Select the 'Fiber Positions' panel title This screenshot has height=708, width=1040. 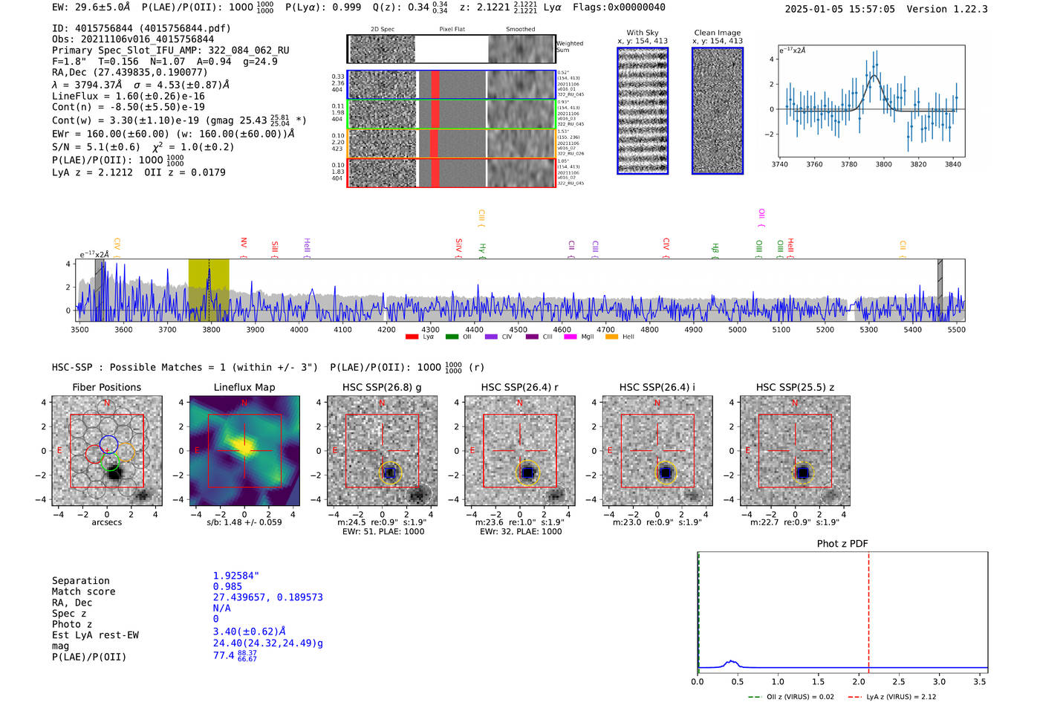(x=106, y=387)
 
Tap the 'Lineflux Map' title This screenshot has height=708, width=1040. (x=244, y=387)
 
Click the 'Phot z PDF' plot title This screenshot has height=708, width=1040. (x=842, y=544)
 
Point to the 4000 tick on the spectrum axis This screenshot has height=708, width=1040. (x=299, y=330)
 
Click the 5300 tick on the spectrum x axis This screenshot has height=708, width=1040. (x=868, y=330)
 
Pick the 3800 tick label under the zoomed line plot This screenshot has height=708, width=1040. (x=883, y=164)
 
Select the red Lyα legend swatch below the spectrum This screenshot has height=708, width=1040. (x=412, y=337)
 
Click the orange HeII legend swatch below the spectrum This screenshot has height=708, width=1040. (x=611, y=337)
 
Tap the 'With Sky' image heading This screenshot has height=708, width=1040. (x=643, y=33)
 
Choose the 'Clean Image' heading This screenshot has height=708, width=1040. (x=717, y=33)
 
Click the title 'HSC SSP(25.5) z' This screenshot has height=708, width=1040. (x=795, y=387)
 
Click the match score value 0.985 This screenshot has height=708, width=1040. (x=227, y=586)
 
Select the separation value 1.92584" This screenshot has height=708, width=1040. (x=236, y=576)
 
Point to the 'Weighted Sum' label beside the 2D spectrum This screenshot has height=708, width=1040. (x=569, y=47)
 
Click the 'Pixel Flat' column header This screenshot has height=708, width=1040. (x=452, y=30)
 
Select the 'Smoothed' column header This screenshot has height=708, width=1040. (x=520, y=30)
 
